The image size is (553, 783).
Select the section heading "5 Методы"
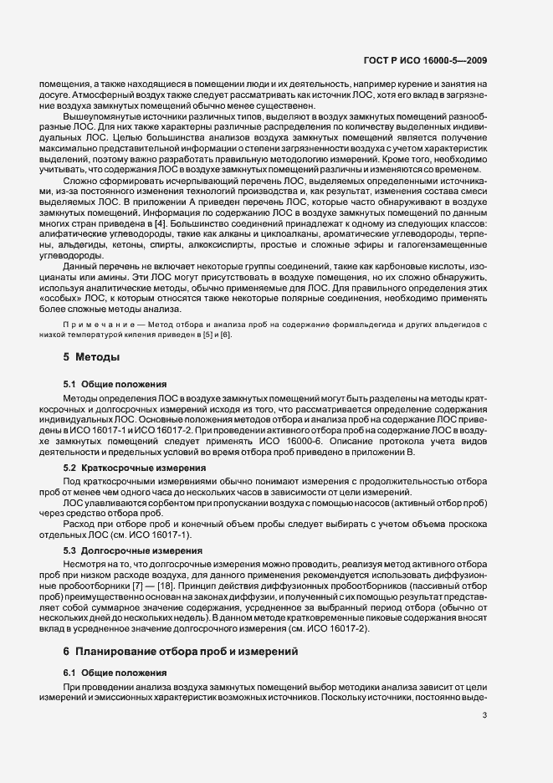(x=91, y=357)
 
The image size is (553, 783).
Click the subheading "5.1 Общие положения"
(x=108, y=384)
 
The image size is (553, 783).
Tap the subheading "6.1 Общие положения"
(x=108, y=673)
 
